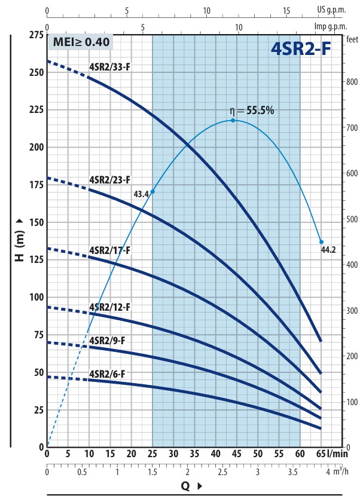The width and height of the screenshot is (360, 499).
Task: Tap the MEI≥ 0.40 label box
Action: [x=80, y=42]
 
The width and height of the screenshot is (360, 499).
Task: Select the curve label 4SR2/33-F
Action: [x=109, y=66]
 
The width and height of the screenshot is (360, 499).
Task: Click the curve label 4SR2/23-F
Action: [x=109, y=179]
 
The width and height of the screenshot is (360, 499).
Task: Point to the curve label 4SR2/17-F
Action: [x=109, y=250]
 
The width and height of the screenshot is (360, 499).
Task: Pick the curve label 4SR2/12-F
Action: [x=109, y=307]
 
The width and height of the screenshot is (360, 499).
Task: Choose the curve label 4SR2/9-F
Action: [x=108, y=340]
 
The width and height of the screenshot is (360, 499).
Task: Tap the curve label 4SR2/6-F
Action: [x=108, y=375]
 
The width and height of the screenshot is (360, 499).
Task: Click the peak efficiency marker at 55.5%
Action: [x=233, y=120]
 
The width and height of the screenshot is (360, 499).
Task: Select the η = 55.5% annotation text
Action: [x=252, y=111]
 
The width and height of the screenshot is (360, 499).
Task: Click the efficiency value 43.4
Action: [x=141, y=195]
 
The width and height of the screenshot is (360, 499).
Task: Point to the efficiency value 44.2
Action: [x=328, y=250]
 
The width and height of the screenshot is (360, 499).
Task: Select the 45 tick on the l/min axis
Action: [x=237, y=453]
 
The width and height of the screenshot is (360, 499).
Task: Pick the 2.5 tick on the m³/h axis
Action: [x=222, y=472]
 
